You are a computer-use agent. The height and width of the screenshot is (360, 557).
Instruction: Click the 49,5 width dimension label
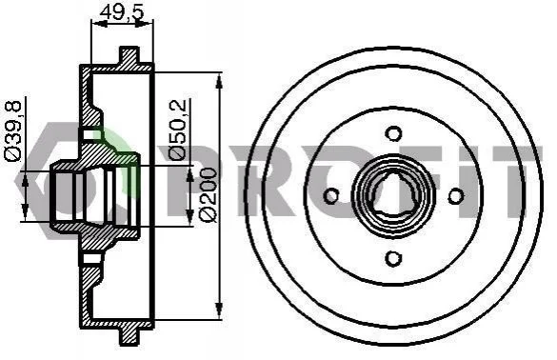point(122,12)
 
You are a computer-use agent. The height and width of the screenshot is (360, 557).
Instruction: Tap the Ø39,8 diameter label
point(12,131)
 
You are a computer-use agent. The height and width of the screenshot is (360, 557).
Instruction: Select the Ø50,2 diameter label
point(177,129)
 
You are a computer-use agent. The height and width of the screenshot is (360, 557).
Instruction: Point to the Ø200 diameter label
point(209,194)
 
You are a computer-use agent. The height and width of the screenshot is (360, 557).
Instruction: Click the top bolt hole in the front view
point(393,133)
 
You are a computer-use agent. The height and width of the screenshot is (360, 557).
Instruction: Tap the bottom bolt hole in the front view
point(393,258)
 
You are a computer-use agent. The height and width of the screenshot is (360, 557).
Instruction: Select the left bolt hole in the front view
point(331,196)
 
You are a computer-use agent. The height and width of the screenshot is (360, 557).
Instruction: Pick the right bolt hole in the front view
point(456,196)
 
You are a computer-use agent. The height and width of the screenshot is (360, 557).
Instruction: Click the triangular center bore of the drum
point(393,195)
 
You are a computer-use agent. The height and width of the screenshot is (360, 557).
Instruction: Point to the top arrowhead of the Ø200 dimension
point(219,82)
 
